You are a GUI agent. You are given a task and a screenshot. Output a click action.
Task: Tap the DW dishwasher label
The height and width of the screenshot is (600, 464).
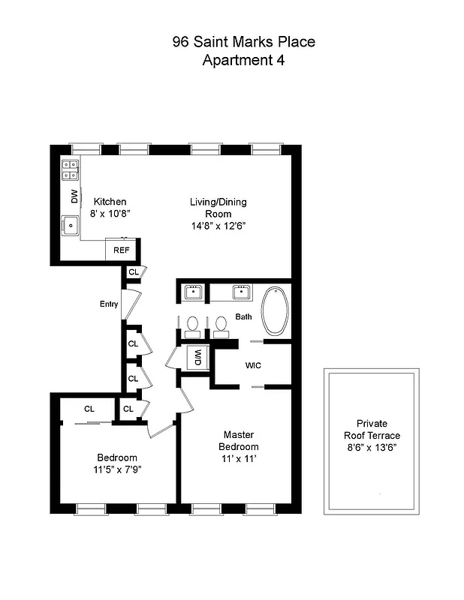point(74,197)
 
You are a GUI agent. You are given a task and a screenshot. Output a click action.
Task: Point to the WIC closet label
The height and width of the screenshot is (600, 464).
point(252,367)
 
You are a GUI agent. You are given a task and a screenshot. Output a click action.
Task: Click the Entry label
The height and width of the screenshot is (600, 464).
point(110,304)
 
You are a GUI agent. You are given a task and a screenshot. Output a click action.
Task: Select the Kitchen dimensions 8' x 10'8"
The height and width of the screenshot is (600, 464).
point(110,213)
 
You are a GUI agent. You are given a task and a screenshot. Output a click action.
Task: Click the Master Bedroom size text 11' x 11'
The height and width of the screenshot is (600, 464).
point(237,459)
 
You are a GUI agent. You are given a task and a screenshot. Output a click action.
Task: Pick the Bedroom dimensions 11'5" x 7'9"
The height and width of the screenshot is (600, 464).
point(116,471)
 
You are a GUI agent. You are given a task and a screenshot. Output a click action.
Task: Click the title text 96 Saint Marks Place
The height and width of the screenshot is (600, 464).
point(243,42)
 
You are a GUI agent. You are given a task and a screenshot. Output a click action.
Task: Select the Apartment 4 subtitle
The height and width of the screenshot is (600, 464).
point(243,60)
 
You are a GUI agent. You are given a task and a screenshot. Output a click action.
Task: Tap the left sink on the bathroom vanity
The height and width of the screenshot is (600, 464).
point(194,291)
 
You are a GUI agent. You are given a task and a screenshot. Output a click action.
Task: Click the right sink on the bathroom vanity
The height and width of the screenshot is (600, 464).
point(242,291)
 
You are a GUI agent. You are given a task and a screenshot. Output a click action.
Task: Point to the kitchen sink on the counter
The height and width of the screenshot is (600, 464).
point(71,224)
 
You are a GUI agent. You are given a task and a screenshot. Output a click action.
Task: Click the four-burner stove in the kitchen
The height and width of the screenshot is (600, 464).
point(71,170)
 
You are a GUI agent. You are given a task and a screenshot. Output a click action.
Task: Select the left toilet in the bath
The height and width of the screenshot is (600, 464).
point(193,325)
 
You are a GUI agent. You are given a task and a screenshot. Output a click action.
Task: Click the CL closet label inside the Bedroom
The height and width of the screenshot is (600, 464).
point(89,409)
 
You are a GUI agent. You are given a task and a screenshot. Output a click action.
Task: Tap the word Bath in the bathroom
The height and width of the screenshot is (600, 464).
point(243,317)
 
